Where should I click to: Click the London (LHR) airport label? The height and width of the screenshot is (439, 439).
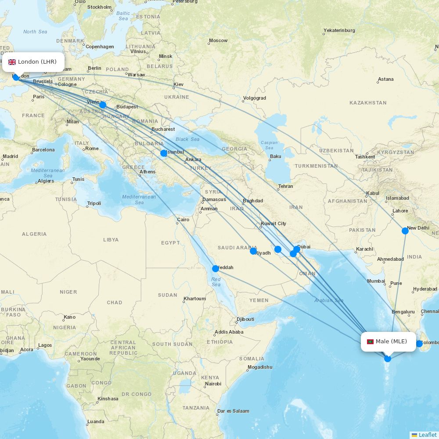point(37,62)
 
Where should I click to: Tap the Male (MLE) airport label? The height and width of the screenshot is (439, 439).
point(391,342)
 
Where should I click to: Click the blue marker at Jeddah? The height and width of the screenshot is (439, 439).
point(215,269)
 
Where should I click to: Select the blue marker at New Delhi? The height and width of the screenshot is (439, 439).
point(405,231)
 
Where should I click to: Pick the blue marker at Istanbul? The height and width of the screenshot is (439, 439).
point(164,153)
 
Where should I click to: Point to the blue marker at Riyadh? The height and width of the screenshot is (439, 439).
point(253,251)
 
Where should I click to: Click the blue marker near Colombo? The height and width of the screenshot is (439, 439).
point(419,344)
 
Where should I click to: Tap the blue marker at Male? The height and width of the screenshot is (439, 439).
point(388,359)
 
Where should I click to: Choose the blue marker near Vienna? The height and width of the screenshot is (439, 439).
point(103,105)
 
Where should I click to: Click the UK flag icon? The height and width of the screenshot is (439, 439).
point(12,62)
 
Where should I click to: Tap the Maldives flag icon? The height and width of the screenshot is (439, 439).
point(370,342)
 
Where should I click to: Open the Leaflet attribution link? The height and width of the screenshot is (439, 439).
point(427,435)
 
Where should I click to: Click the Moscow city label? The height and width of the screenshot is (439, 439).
point(218,40)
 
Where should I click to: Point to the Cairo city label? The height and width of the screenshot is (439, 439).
point(183,219)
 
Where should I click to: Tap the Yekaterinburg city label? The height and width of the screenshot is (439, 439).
point(339,30)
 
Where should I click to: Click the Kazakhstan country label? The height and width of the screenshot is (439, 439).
point(368,103)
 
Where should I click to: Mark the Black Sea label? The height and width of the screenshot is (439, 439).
point(187,139)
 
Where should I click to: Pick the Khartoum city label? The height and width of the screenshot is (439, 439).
point(194,299)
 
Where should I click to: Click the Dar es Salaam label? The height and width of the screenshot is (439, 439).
point(233,411)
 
